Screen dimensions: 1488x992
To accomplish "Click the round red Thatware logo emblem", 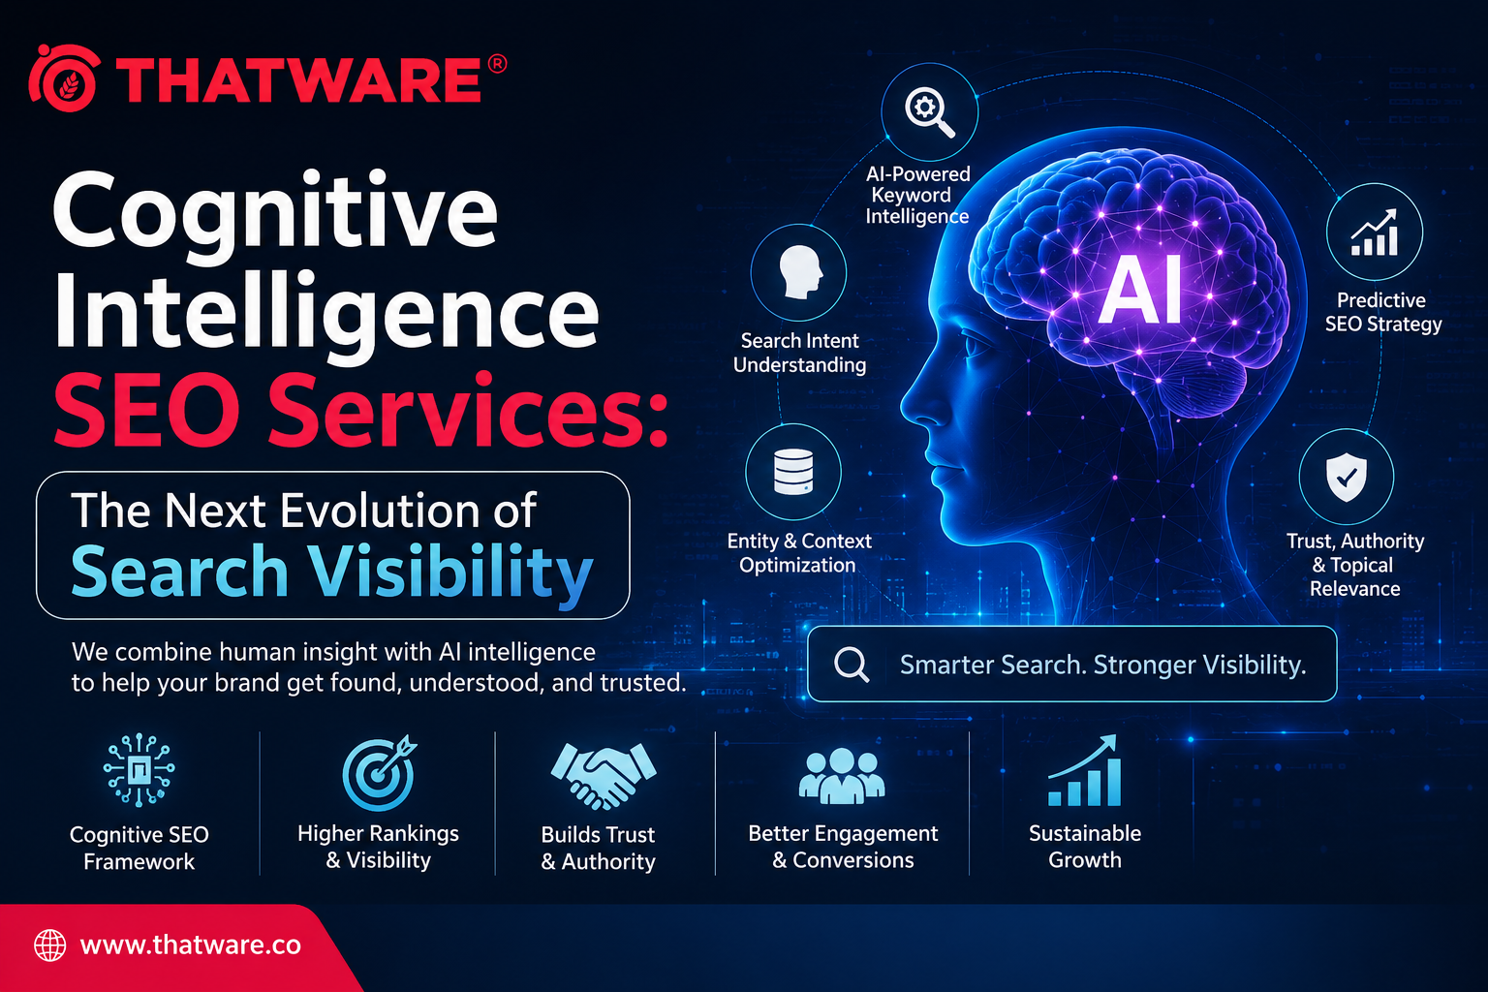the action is (x=65, y=78).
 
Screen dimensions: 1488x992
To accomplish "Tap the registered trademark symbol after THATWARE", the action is (x=497, y=64).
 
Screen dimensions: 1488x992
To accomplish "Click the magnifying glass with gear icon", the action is (x=929, y=112).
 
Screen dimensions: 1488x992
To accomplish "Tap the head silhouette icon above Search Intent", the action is (x=800, y=272).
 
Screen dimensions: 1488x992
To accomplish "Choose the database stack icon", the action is (x=793, y=472).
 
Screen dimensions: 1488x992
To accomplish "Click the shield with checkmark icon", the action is (x=1347, y=477).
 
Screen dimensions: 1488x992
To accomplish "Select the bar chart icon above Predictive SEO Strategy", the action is (x=1375, y=232).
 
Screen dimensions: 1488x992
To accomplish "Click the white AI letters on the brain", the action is (x=1139, y=290).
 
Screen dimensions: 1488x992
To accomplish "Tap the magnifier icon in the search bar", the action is (x=852, y=664).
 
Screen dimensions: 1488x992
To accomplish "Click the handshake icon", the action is (x=604, y=776).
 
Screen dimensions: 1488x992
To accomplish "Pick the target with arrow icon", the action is (x=380, y=773).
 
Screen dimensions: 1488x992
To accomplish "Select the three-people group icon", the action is (x=842, y=775).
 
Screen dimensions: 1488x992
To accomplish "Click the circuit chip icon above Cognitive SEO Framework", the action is (x=139, y=770).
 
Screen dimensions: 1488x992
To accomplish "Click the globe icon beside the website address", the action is (x=49, y=945).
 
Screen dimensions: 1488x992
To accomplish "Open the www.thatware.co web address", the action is (x=190, y=945).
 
